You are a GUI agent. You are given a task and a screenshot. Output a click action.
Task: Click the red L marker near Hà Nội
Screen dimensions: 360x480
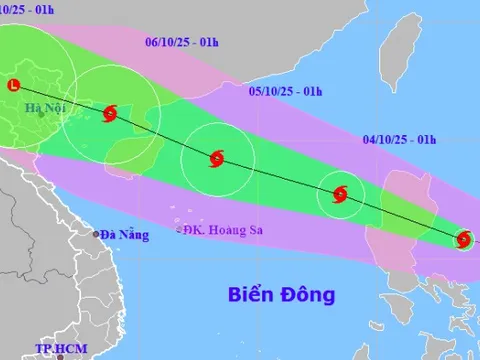[12, 86]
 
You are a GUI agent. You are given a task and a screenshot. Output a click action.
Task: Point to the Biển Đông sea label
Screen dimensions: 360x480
[280, 295]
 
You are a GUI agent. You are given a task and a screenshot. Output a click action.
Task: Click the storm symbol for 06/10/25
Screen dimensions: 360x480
[109, 114]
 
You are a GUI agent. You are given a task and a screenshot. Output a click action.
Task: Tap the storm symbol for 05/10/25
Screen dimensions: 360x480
[216, 158]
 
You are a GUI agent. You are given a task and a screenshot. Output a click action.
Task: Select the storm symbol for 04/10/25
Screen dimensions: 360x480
[340, 195]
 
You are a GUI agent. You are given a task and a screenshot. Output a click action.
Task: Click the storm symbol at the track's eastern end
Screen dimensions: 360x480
[463, 239]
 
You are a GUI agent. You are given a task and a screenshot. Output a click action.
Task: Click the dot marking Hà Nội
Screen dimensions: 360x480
[41, 115]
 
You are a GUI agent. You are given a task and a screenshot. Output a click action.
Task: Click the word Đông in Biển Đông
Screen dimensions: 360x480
[308, 295]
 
